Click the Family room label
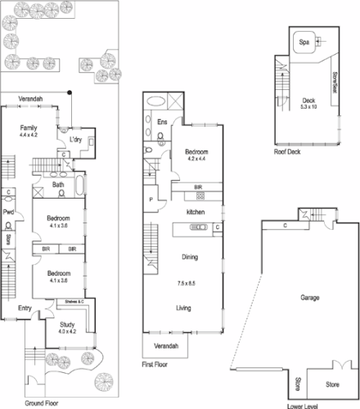pyautogui.click(x=29, y=128)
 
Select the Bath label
pyautogui.click(x=57, y=185)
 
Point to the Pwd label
pyautogui.click(x=7, y=213)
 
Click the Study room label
pyautogui.click(x=66, y=324)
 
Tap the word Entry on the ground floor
pyautogui.click(x=29, y=308)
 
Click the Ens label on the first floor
pyautogui.click(x=162, y=123)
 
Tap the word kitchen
pyautogui.click(x=195, y=212)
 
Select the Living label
pyautogui.click(x=188, y=308)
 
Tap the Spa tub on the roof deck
pyautogui.click(x=304, y=43)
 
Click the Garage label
pyautogui.click(x=309, y=298)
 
